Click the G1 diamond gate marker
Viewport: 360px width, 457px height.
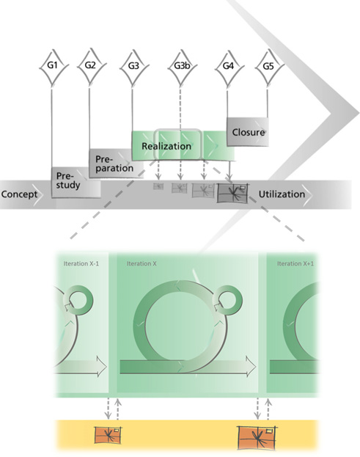(x=53, y=67)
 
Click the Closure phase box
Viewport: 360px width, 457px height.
(x=248, y=132)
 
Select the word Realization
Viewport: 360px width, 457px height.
(x=166, y=146)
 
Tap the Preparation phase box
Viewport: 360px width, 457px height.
(x=116, y=164)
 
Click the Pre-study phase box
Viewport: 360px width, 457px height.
(x=76, y=183)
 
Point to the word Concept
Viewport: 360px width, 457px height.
(x=19, y=194)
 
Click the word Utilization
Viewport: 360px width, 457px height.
(x=282, y=194)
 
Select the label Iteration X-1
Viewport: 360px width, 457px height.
(x=81, y=264)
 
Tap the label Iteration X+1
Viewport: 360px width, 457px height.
(x=295, y=264)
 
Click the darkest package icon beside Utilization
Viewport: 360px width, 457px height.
(x=232, y=193)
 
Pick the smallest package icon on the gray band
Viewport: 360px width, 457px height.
(x=158, y=186)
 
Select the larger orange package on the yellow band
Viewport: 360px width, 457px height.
(x=257, y=438)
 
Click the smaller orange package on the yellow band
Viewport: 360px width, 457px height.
(x=108, y=436)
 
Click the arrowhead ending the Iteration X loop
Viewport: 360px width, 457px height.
(x=251, y=366)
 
